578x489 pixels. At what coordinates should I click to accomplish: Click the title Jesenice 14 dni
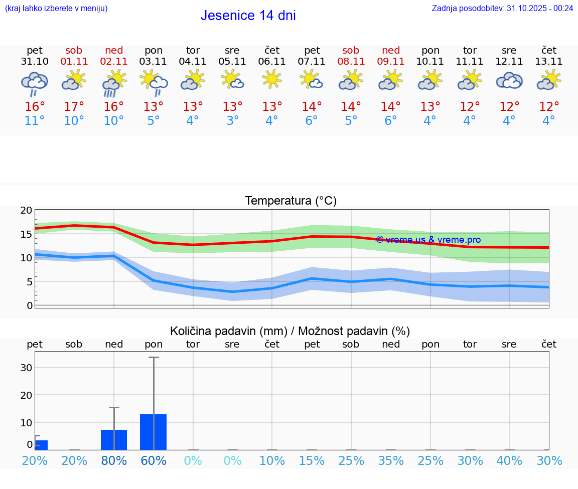pos(248,16)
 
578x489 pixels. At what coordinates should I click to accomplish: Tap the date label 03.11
pos(154,62)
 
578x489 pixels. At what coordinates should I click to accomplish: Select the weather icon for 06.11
pos(272,79)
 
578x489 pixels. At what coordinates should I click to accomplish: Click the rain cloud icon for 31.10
pos(35,83)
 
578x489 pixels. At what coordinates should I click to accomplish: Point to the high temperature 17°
pos(74,107)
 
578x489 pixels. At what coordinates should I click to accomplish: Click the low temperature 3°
pos(232,121)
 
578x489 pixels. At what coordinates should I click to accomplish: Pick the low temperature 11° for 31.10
pos(35,121)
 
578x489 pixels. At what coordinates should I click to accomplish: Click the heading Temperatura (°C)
pos(291,201)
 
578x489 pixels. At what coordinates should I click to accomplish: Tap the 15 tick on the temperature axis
pos(26,234)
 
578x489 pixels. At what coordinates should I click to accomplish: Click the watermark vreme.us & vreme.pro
pos(428,240)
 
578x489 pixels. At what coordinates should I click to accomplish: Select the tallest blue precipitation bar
pos(154,432)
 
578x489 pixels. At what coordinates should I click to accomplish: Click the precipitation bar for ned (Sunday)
pos(114,440)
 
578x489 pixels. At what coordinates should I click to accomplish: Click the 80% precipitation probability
pos(114,461)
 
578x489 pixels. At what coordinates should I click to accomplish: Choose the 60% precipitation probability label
pos(154,461)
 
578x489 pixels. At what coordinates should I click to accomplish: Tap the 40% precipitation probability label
pos(509,461)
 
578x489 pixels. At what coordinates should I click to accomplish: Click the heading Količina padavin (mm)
pos(228,331)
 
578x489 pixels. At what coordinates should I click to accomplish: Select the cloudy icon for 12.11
pos(509,80)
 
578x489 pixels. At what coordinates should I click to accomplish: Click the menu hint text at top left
pos(56,8)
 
